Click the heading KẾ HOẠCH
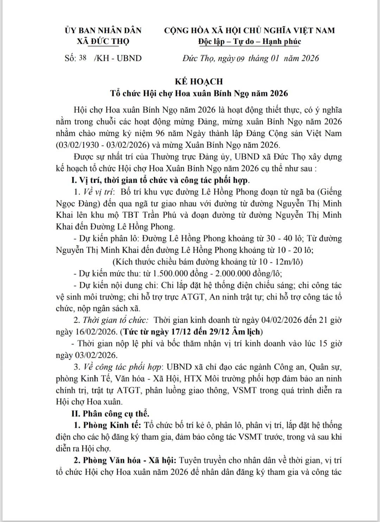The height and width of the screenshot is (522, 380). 199,82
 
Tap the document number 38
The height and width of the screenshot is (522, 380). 83,58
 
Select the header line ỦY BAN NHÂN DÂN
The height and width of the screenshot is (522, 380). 103,30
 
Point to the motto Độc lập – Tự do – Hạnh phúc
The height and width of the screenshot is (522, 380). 249,42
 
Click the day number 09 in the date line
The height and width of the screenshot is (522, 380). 240,58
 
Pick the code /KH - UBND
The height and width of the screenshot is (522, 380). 118,58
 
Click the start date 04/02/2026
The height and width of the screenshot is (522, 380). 281,320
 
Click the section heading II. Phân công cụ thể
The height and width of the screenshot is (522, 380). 110,413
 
